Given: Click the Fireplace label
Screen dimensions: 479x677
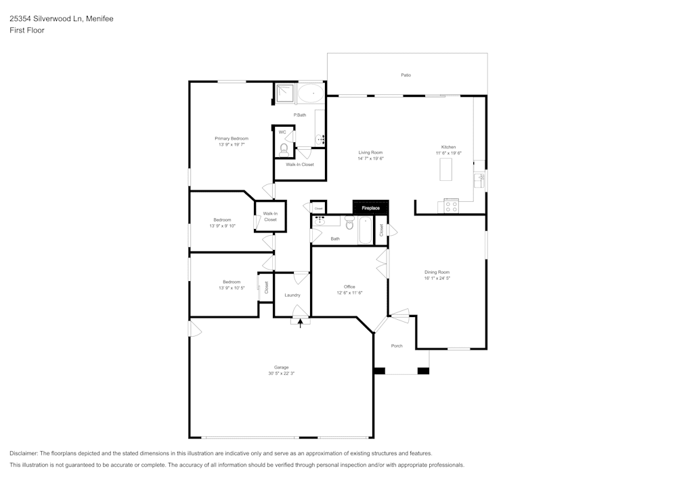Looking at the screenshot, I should click(x=370, y=207).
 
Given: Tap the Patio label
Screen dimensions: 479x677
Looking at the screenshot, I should click(x=406, y=75).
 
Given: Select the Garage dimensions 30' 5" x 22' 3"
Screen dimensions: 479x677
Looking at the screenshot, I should click(x=281, y=373).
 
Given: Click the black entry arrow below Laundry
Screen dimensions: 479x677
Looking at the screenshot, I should click(x=301, y=322).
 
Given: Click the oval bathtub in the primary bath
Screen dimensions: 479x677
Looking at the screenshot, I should click(x=311, y=93).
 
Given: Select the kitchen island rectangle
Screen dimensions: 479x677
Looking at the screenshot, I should click(x=445, y=170).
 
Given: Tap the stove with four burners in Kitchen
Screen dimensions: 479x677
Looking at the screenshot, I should click(x=452, y=206).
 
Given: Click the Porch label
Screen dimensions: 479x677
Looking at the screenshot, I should click(x=397, y=346).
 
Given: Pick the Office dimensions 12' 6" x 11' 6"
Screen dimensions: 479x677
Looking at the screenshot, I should click(x=350, y=293).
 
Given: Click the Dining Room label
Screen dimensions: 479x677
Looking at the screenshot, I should click(x=437, y=272).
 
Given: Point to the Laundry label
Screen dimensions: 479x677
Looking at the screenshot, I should click(x=292, y=295).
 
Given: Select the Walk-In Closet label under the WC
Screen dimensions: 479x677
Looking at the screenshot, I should click(x=299, y=165).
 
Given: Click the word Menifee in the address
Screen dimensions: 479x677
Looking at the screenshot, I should click(x=99, y=19).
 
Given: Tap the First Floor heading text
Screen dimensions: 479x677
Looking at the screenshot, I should click(x=26, y=30).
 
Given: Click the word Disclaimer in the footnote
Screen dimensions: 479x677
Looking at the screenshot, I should click(x=24, y=453).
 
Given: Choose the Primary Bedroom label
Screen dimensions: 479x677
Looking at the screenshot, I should click(x=232, y=138).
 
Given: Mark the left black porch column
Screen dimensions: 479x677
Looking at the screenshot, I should click(x=379, y=371).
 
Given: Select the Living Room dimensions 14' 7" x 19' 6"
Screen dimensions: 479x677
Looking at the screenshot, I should click(x=370, y=159).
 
